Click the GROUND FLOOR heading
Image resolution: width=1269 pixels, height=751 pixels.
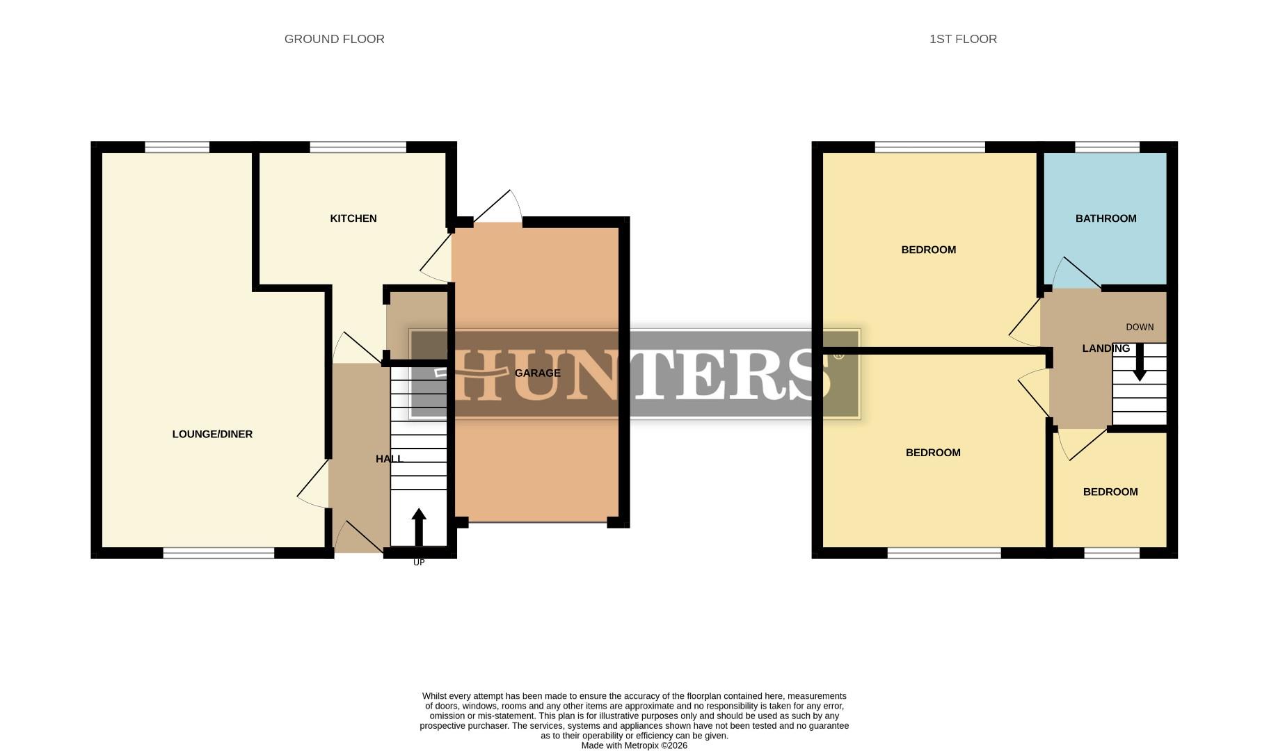click(x=334, y=39)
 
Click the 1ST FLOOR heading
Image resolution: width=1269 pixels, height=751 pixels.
click(x=963, y=39)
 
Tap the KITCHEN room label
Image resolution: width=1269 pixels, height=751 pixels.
click(x=353, y=218)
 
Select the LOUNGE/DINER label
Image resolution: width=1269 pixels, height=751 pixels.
click(x=212, y=434)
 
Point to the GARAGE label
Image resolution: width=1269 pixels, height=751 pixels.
click(x=537, y=373)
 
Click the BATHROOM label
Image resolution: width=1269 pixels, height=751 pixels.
click(x=1106, y=218)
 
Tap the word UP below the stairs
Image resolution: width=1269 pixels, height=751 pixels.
click(x=419, y=563)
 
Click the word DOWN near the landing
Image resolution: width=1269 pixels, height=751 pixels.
click(x=1140, y=327)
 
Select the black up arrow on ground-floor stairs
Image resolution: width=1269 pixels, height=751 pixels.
click(x=419, y=526)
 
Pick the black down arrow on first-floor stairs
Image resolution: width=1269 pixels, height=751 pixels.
click(x=1140, y=364)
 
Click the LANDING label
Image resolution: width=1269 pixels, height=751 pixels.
click(x=1106, y=348)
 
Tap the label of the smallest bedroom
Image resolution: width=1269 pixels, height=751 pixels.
click(x=1110, y=492)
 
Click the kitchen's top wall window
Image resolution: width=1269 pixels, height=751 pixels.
click(x=358, y=147)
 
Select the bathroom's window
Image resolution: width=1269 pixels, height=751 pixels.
click(x=1107, y=147)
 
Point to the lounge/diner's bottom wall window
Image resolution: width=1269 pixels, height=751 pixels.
click(x=218, y=553)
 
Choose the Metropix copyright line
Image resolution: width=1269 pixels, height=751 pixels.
click(x=634, y=745)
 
